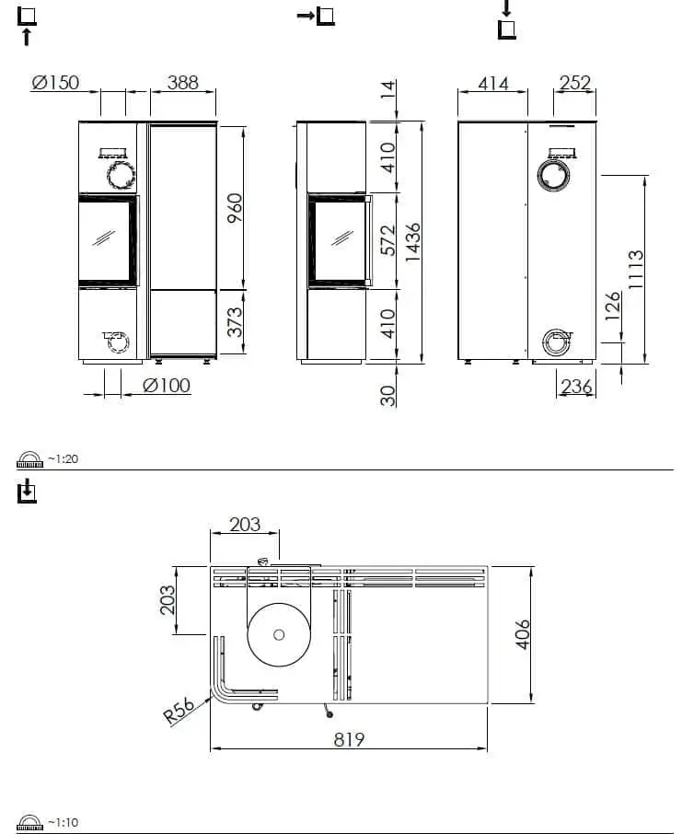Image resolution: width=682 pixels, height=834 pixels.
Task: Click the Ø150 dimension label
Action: tap(55, 83)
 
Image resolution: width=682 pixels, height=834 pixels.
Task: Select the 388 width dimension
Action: tap(182, 83)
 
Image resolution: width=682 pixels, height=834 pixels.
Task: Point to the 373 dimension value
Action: tap(235, 324)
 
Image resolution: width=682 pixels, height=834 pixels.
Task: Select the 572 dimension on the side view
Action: tap(387, 241)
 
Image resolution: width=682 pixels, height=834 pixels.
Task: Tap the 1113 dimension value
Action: tap(636, 270)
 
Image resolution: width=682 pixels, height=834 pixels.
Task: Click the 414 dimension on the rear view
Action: tap(493, 84)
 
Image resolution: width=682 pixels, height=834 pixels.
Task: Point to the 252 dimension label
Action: tap(575, 84)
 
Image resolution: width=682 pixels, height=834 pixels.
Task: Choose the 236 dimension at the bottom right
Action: tap(576, 388)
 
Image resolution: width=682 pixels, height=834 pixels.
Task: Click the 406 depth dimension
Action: tap(522, 634)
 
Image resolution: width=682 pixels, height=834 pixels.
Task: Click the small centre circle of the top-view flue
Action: tap(279, 634)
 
